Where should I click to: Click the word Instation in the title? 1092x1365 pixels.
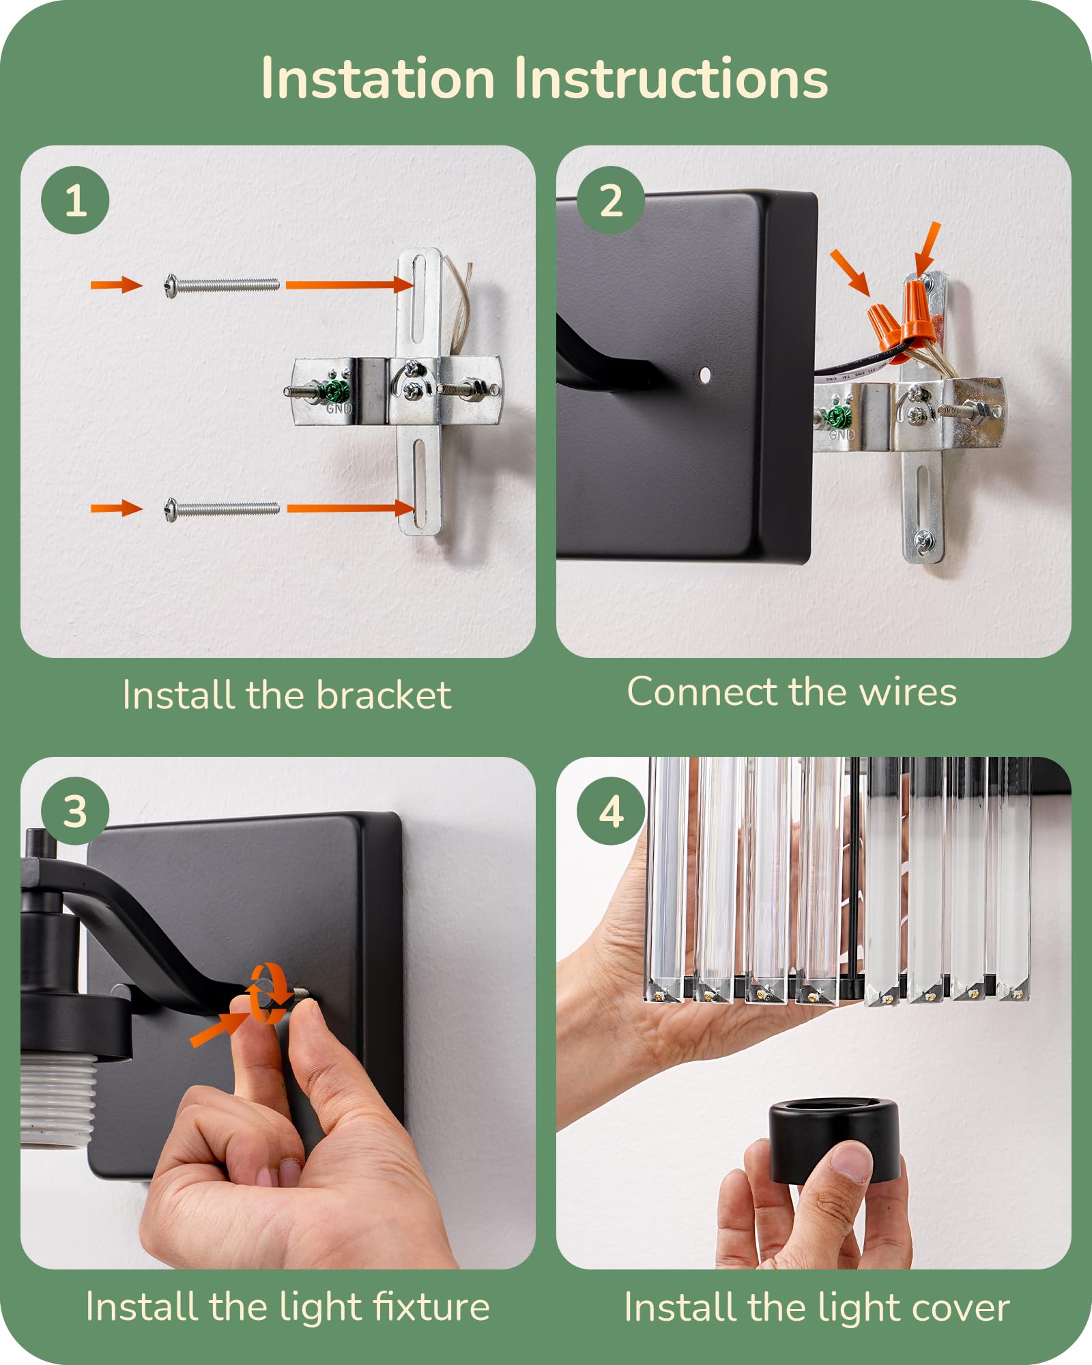[x=378, y=78]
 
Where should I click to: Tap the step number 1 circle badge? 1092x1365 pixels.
[x=75, y=200]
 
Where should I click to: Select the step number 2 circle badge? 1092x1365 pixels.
[x=611, y=200]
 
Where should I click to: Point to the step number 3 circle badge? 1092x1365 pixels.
[x=75, y=811]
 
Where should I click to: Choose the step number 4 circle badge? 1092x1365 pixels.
[x=611, y=811]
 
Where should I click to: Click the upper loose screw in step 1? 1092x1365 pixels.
[x=222, y=285]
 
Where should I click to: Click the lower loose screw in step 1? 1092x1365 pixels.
[x=222, y=508]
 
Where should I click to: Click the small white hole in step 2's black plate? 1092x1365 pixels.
[x=705, y=374]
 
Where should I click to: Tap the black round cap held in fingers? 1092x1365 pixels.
[x=834, y=1141]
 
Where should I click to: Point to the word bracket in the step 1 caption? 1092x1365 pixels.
[x=384, y=695]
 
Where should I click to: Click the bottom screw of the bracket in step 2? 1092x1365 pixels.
[x=922, y=540]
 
